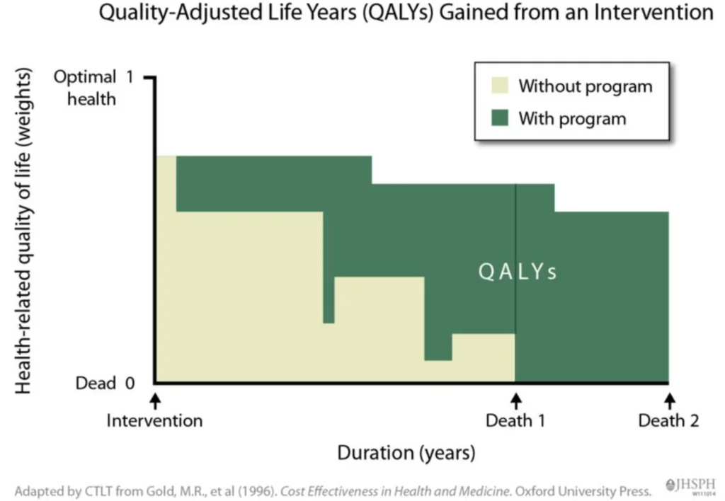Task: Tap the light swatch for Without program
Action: point(499,86)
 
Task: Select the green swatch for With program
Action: point(499,117)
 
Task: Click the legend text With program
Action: point(572,117)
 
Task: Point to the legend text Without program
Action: point(585,86)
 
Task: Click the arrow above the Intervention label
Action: point(156,400)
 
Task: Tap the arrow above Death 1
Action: point(515,400)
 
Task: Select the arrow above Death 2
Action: point(668,400)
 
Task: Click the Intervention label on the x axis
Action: point(154,421)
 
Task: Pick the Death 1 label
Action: point(515,421)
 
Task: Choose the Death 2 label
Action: point(668,421)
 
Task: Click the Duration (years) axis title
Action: point(406,452)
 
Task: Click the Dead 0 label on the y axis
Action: point(105,384)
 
